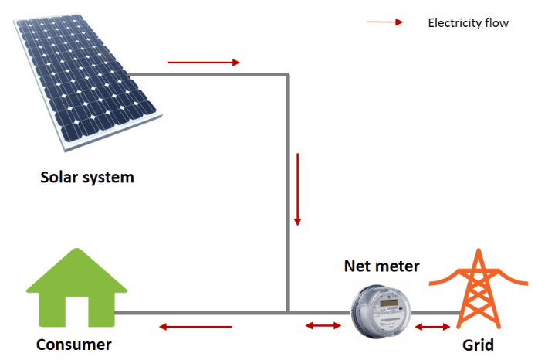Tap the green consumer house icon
point(77,287)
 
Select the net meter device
point(381,311)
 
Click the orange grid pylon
point(478,289)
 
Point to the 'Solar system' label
point(87,177)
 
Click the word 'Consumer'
point(74,345)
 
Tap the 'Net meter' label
point(381,266)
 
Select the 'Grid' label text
point(478,345)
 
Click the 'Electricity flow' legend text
point(468,23)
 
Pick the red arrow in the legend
point(384,22)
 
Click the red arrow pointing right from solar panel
point(204,63)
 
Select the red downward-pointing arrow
point(298,189)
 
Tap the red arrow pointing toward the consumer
point(195,327)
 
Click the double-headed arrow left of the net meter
point(323,325)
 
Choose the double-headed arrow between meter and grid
point(432,326)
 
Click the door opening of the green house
point(77,311)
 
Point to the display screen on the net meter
point(388,303)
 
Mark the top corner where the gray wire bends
point(288,74)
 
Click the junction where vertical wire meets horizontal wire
point(288,313)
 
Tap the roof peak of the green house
point(77,249)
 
